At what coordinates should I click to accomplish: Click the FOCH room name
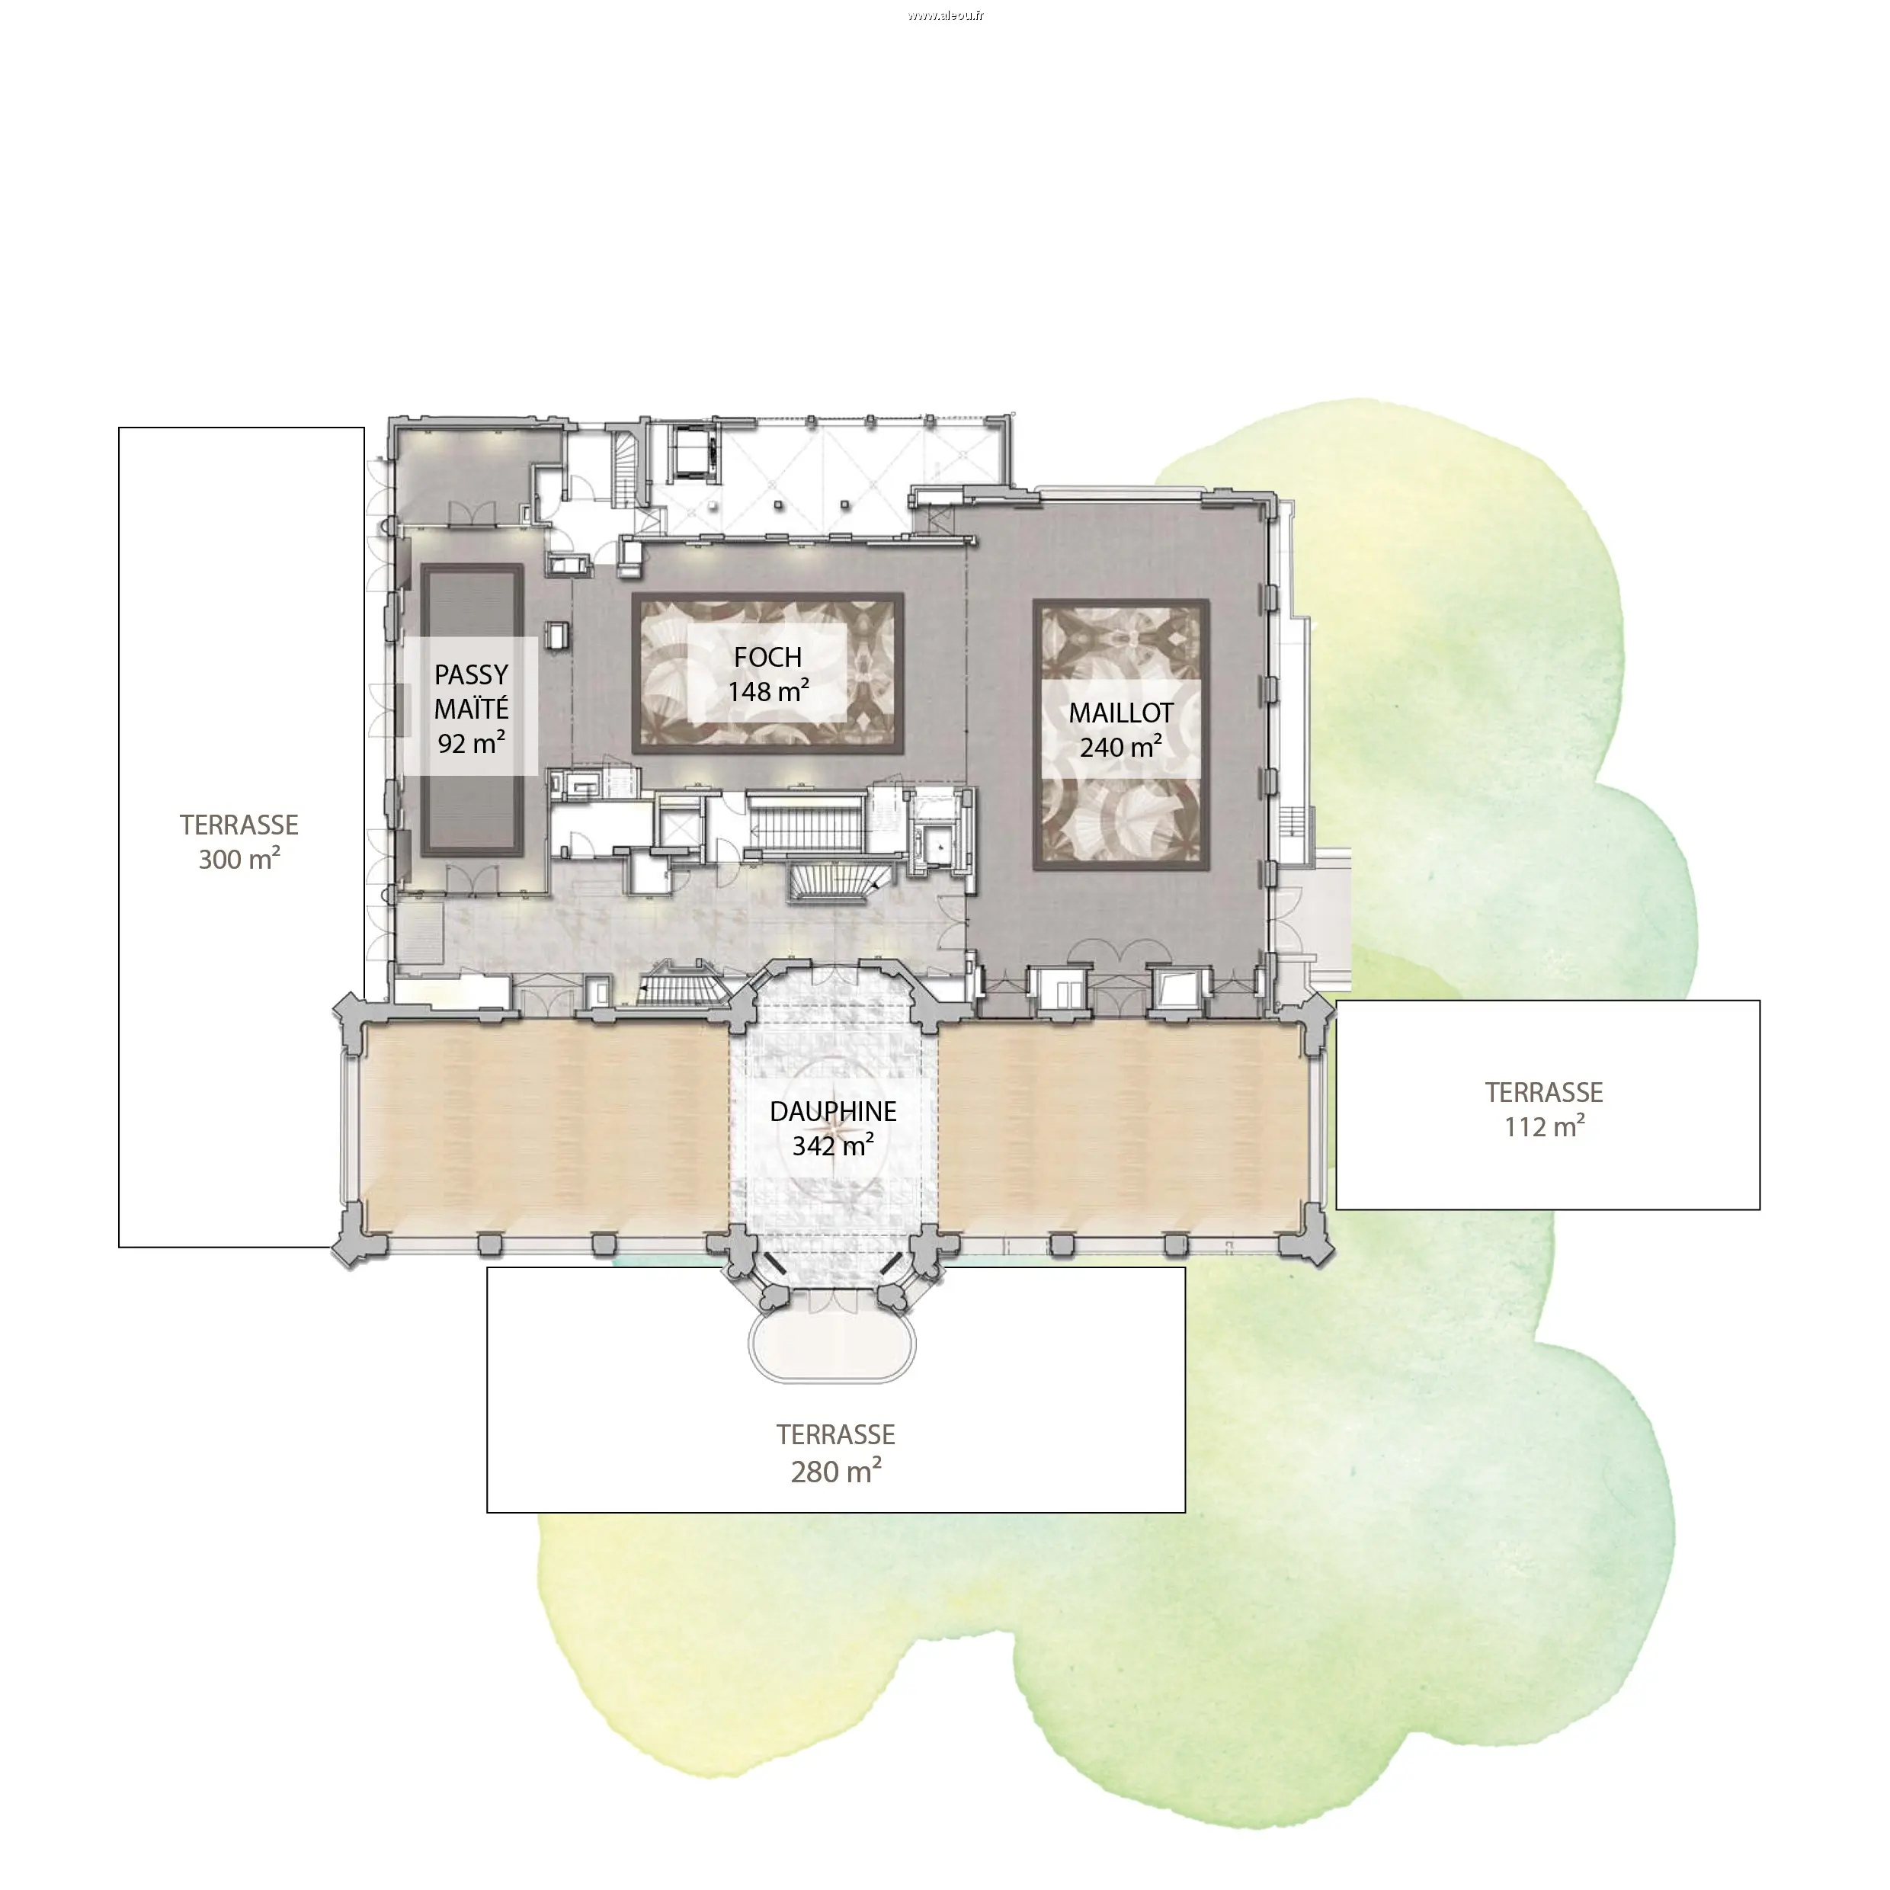click(768, 658)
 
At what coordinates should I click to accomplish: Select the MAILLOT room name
click(1121, 713)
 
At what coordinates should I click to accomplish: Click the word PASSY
click(472, 675)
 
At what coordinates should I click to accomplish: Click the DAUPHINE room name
click(834, 1111)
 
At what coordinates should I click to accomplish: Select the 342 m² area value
click(834, 1145)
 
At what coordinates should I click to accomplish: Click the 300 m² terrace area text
click(239, 859)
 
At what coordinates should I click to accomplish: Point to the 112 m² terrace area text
click(1545, 1127)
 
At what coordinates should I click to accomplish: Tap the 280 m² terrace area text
click(837, 1472)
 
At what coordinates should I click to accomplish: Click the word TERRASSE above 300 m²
click(239, 825)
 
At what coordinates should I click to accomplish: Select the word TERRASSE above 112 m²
click(1545, 1093)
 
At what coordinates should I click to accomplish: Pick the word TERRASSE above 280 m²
click(837, 1435)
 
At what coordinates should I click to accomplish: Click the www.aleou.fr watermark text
click(945, 14)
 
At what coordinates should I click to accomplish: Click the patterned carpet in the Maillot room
click(1122, 735)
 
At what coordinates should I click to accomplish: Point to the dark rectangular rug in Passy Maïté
click(472, 711)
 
